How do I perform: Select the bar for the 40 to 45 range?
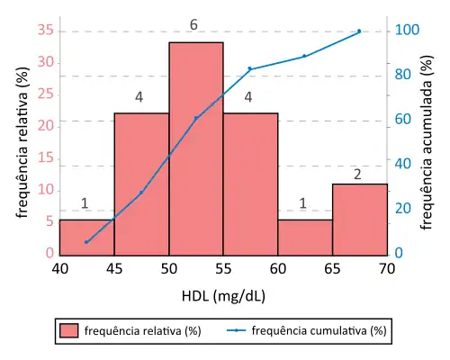(86, 237)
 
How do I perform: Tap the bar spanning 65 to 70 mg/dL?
(360, 219)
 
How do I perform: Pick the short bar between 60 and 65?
(305, 237)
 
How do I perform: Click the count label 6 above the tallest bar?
(193, 24)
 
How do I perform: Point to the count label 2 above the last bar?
(357, 175)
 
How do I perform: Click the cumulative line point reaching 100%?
(359, 31)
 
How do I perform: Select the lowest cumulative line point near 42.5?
(86, 242)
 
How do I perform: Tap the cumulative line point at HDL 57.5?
(250, 69)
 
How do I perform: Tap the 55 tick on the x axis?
(223, 268)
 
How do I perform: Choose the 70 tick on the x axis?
(387, 268)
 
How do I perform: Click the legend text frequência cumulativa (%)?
(319, 330)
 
